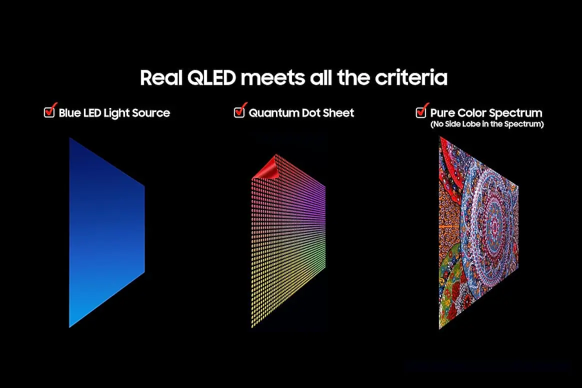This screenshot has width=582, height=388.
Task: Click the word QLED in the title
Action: (211, 78)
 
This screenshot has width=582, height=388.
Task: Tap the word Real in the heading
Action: (161, 78)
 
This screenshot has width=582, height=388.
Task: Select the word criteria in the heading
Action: (411, 78)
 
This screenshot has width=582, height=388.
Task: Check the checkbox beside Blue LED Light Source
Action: (49, 112)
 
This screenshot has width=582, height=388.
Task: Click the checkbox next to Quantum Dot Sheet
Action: (239, 112)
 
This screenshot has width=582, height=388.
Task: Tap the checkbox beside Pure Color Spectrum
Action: (421, 112)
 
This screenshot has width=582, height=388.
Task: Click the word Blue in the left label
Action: (69, 113)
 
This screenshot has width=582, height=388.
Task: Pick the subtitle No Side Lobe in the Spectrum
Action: (487, 124)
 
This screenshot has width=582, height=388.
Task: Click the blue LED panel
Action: (106, 232)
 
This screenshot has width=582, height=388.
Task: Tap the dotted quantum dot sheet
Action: (288, 241)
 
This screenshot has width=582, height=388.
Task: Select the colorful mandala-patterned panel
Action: (478, 233)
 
